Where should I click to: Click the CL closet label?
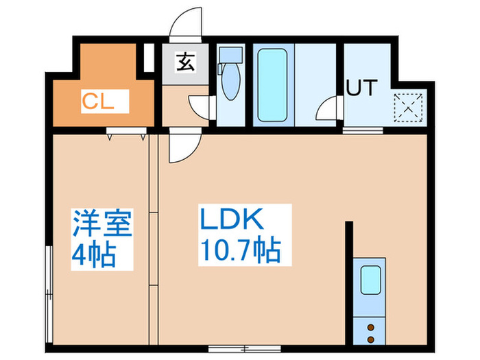[x=98, y=101]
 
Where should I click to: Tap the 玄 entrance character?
[x=186, y=62]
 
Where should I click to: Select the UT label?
[x=362, y=88]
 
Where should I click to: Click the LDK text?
[x=232, y=219]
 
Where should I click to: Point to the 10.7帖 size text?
[x=241, y=250]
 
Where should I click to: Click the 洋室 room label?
[x=102, y=224]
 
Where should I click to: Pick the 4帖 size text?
[x=94, y=255]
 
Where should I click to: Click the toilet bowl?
[x=230, y=82]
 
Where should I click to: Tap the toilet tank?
[x=231, y=55]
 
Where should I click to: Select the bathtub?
[x=272, y=85]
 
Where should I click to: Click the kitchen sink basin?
[x=371, y=280]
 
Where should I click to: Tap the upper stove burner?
[x=371, y=328]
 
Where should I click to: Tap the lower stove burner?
[x=371, y=339]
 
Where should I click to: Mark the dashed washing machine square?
[x=408, y=108]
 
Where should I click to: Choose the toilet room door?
[x=200, y=107]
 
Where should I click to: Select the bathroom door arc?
[x=327, y=107]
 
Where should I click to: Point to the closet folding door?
[x=126, y=134]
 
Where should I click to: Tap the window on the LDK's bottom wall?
[x=245, y=348]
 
